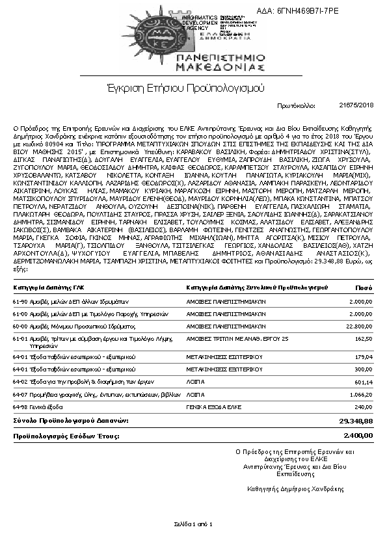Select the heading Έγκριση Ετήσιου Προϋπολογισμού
click(185, 87)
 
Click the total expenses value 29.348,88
click(356, 421)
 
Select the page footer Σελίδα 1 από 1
click(193, 524)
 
